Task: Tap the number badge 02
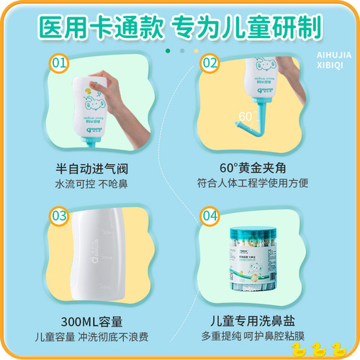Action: (x=210, y=63)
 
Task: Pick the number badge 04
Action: (x=210, y=216)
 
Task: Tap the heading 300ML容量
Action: (x=94, y=320)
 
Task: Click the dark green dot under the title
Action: (x=168, y=51)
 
